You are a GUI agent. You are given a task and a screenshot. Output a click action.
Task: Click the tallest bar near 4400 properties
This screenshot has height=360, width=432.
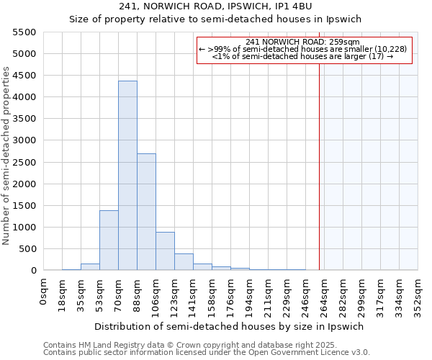[127, 176]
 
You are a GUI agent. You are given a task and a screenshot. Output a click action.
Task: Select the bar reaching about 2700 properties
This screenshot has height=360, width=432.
[146, 212]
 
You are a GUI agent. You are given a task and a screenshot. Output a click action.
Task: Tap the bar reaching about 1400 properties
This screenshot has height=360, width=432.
[109, 240]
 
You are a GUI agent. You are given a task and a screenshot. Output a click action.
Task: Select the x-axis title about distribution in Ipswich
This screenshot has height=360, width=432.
[229, 326]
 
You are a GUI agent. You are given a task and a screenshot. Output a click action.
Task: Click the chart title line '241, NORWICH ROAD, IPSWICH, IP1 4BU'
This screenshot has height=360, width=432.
[215, 7]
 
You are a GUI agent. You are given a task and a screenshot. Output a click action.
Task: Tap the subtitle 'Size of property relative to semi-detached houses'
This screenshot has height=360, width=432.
[215, 19]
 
